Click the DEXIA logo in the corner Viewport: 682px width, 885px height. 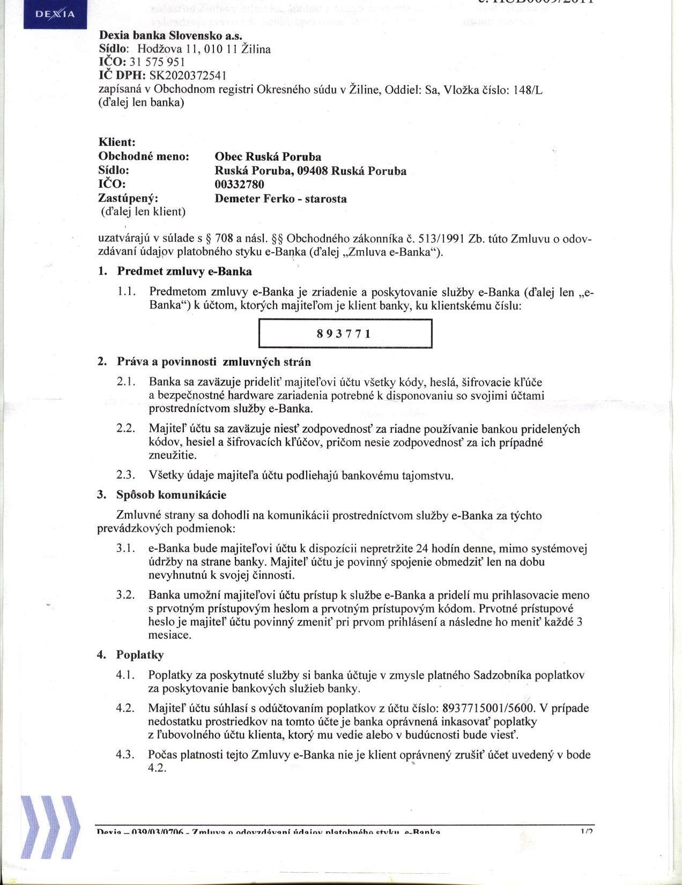pos(55,14)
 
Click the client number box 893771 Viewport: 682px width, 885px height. pos(345,334)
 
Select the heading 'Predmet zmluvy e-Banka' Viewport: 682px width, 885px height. pos(184,271)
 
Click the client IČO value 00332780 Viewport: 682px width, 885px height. pos(239,185)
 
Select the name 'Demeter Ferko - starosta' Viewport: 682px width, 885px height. pos(280,198)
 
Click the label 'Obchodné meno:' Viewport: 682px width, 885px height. pos(144,157)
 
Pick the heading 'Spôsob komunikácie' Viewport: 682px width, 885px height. pos(171,495)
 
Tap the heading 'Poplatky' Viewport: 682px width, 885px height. pos(140,655)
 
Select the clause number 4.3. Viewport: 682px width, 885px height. pos(125,755)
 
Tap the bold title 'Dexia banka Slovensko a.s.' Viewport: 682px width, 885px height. pos(171,35)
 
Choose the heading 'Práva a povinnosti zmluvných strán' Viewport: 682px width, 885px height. pos(213,362)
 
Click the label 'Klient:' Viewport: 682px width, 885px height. pos(117,142)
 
